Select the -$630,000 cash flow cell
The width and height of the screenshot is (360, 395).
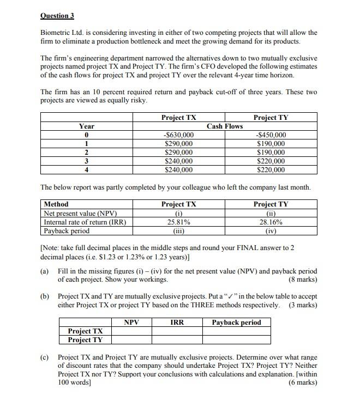(178, 135)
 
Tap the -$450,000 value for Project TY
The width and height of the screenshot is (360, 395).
(271, 135)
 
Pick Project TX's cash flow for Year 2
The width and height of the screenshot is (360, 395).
(178, 153)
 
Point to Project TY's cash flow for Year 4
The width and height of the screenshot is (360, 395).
(271, 170)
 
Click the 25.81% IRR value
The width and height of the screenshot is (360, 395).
(178, 222)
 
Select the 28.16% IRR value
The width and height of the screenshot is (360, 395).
(271, 222)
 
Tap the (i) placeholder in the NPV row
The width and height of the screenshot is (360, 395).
(178, 214)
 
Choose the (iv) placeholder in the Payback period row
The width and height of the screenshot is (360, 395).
(271, 231)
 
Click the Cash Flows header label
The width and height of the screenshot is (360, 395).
(225, 126)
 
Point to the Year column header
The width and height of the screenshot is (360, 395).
(86, 126)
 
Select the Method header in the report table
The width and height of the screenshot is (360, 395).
(56, 204)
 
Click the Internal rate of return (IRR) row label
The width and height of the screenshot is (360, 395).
(85, 222)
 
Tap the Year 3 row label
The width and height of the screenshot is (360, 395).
(86, 161)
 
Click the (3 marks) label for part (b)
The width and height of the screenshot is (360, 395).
(303, 305)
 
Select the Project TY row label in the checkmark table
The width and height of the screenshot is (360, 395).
(85, 340)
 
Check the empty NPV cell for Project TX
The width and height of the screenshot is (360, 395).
(131, 331)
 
